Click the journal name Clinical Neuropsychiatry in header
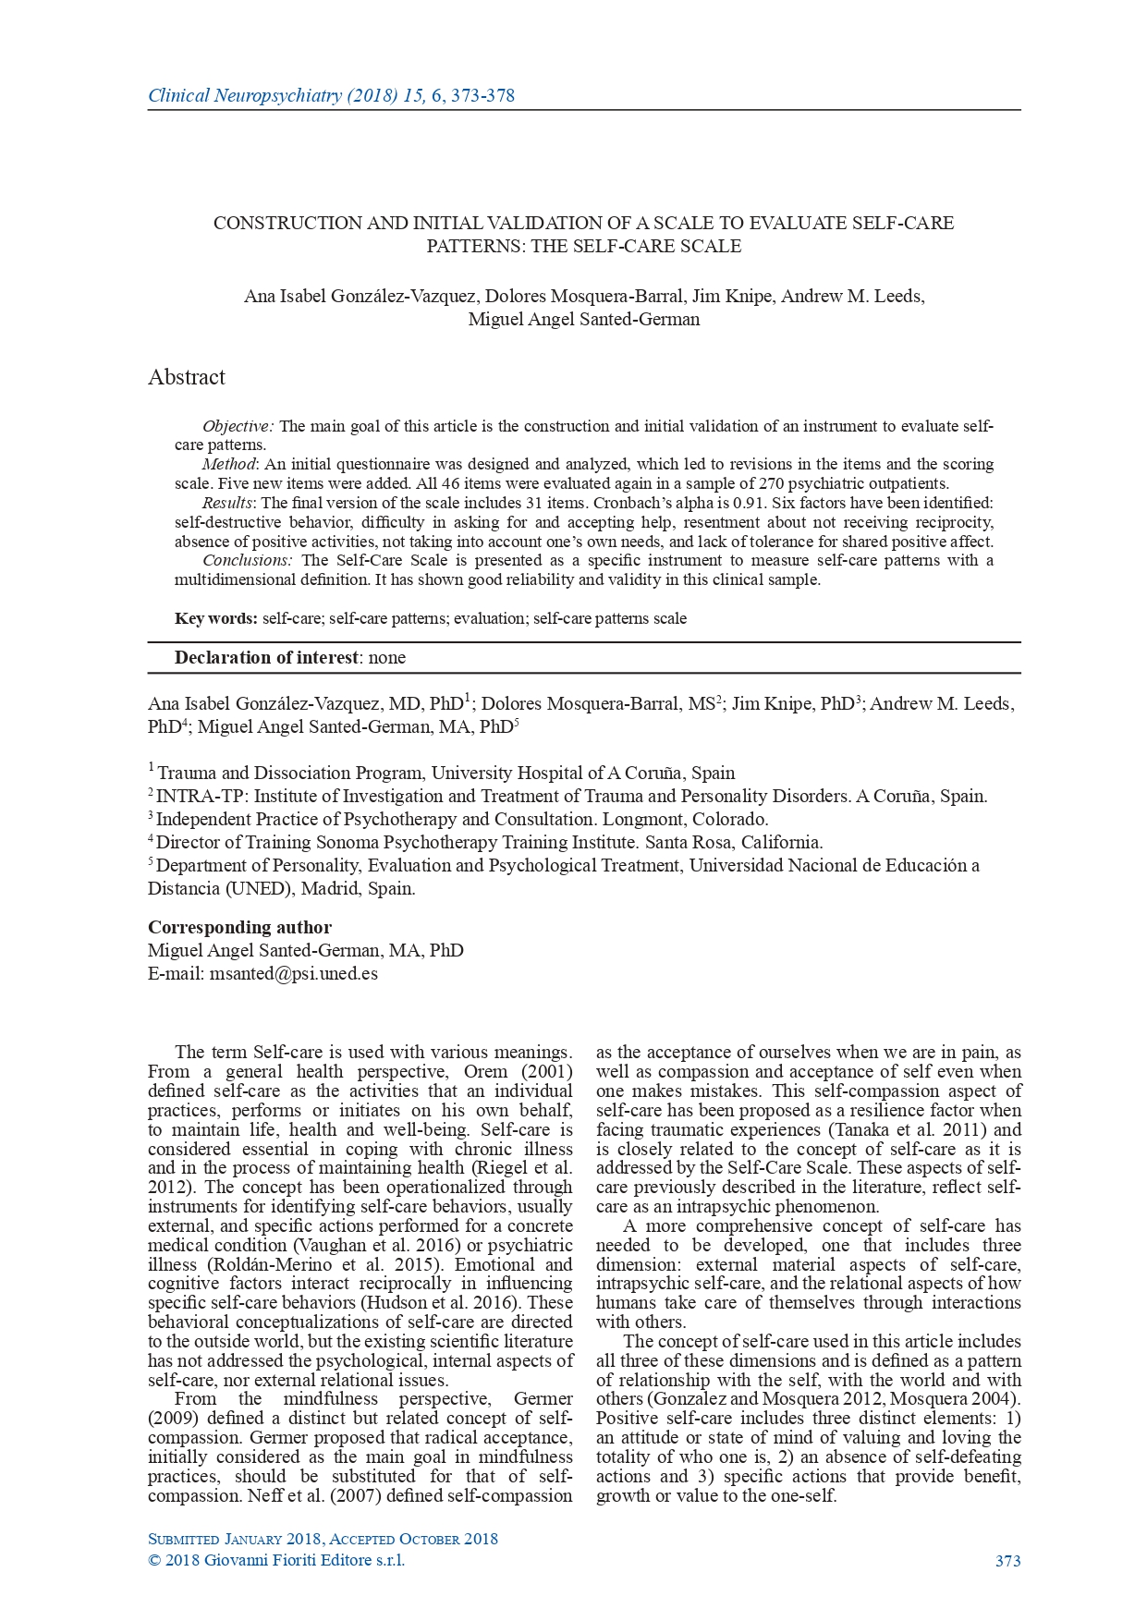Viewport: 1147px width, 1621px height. tap(244, 96)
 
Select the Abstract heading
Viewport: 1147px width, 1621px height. tap(186, 377)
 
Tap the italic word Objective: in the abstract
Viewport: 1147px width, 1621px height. tap(238, 426)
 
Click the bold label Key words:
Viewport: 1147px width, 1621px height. tap(215, 618)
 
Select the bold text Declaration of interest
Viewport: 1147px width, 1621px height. tap(265, 658)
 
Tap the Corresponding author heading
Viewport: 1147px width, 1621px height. tap(239, 927)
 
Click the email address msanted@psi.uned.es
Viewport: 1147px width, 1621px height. tap(293, 973)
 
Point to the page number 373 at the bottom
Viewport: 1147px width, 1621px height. tap(1007, 1561)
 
